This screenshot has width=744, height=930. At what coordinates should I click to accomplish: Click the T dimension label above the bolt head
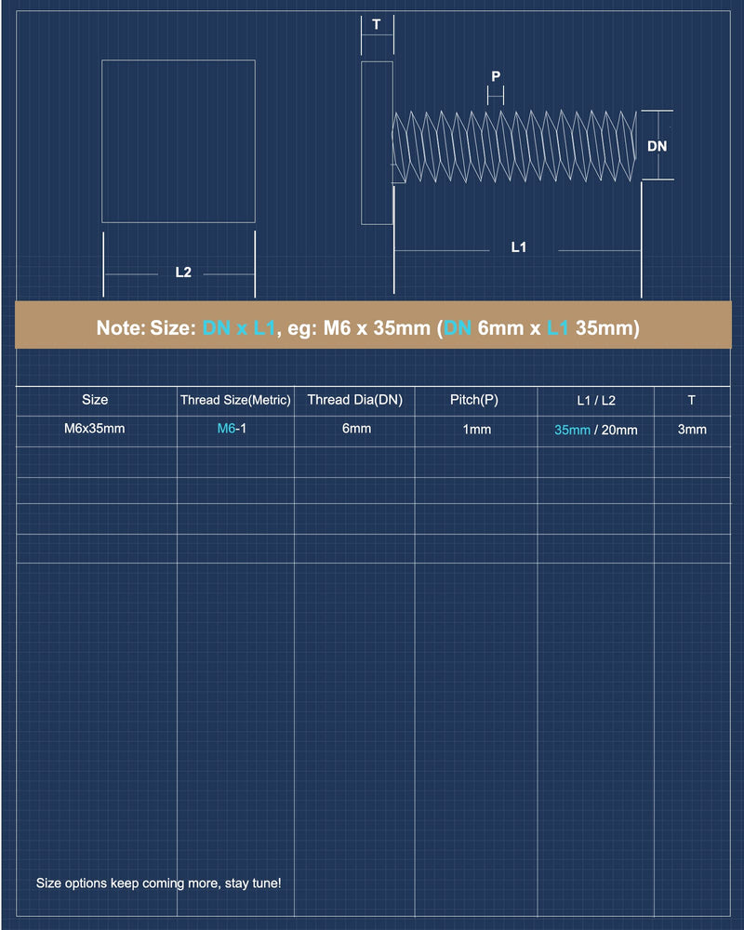coord(376,24)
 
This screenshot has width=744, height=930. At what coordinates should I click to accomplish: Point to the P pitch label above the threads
coord(496,76)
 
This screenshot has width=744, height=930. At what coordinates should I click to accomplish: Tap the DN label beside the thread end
coord(657,146)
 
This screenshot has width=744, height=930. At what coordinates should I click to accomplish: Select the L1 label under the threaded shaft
coord(519,246)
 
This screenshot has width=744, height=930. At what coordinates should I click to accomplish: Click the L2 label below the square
coord(183,272)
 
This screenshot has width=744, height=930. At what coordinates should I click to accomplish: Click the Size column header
coord(95,400)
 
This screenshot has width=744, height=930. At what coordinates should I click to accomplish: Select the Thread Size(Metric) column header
coord(235,400)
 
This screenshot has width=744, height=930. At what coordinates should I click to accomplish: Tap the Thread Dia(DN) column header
coord(354,400)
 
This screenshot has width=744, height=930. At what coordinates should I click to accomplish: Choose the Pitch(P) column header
coord(474,400)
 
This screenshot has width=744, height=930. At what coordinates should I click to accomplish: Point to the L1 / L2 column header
coord(596,400)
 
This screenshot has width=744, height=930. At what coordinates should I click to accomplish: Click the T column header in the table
coord(691,400)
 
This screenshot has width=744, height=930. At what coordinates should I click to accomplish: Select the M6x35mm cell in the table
coord(94,428)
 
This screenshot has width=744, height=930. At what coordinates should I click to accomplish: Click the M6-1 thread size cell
coord(232,428)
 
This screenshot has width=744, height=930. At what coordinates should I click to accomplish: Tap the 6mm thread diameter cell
coord(356,428)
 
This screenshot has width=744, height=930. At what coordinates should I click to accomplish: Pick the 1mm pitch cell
coord(477,430)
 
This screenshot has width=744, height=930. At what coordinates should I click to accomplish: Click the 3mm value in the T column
coord(692,430)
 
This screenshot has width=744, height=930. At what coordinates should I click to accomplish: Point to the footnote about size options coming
coord(158,883)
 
